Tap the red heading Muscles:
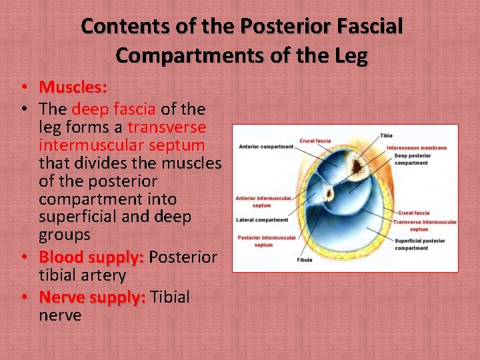tap(73, 87)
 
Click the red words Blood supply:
tap(91, 257)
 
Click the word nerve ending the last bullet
tap(60, 315)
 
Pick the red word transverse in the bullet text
tap(167, 127)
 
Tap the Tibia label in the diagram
tap(386, 135)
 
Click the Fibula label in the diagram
tap(304, 260)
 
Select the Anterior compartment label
tap(266, 147)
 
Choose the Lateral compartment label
tap(262, 220)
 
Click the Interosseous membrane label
tap(417, 147)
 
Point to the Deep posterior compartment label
tap(411, 159)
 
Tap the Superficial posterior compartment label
tap(420, 244)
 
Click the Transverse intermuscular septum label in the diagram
tap(425, 225)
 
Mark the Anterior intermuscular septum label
tap(263, 201)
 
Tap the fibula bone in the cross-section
tap(328, 194)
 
